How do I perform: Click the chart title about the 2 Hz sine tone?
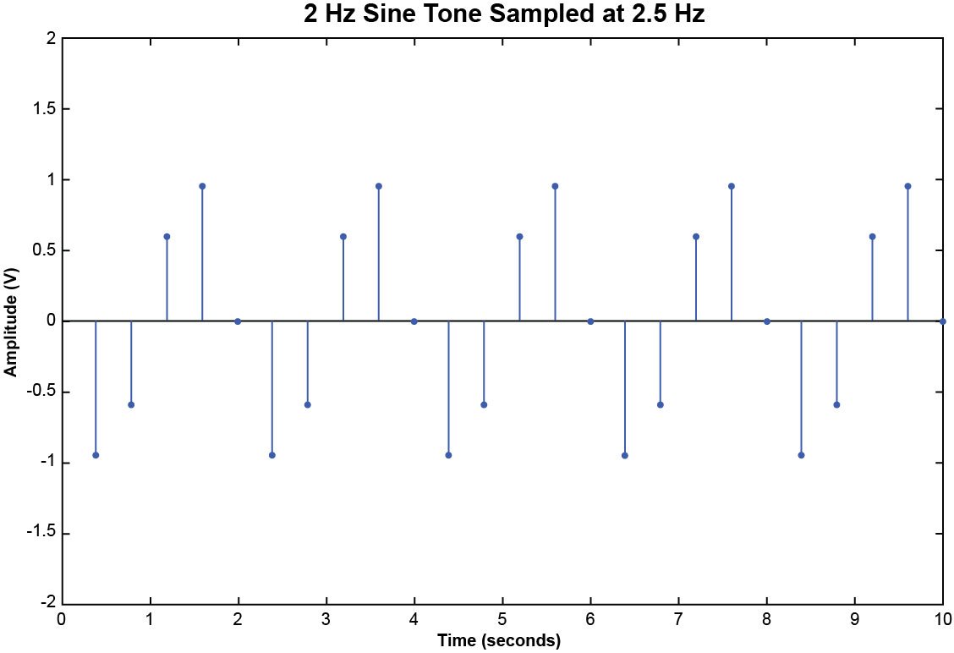pyautogui.click(x=504, y=14)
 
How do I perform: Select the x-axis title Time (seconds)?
pyautogui.click(x=499, y=640)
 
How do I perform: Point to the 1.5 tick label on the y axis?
pyautogui.click(x=46, y=109)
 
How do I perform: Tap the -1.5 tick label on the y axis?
pyautogui.click(x=43, y=534)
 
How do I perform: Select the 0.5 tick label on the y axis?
pyautogui.click(x=46, y=250)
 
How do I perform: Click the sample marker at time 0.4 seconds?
pyautogui.click(x=96, y=455)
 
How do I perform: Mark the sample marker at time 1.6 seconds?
pyautogui.click(x=202, y=186)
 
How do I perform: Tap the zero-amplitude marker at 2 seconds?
pyautogui.click(x=238, y=321)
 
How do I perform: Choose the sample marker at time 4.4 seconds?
pyautogui.click(x=448, y=455)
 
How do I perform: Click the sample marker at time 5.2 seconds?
pyautogui.click(x=519, y=237)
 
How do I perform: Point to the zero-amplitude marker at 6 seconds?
pyautogui.click(x=590, y=321)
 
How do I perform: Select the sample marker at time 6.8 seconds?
pyautogui.click(x=661, y=404)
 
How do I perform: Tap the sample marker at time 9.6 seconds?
pyautogui.click(x=907, y=186)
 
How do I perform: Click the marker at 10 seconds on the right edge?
pyautogui.click(x=942, y=321)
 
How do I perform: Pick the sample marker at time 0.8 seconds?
pyautogui.click(x=131, y=404)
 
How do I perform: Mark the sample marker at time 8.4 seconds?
pyautogui.click(x=801, y=455)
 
